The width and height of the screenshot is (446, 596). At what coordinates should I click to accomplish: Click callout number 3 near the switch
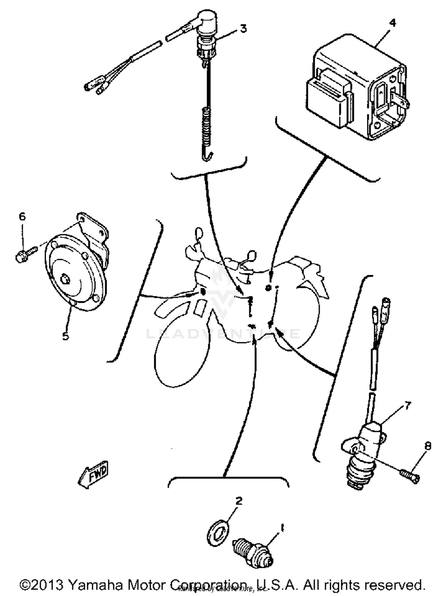click(x=243, y=29)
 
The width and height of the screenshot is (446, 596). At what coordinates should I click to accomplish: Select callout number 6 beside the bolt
click(x=22, y=216)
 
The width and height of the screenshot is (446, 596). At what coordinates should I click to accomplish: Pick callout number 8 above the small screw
click(x=428, y=446)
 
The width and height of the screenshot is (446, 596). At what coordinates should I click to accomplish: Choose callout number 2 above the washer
click(x=239, y=501)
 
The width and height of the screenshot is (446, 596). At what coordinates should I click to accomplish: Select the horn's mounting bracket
click(x=95, y=235)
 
